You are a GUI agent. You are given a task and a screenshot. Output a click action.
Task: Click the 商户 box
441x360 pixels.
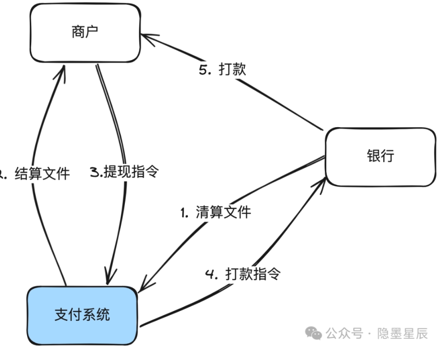click(x=85, y=33)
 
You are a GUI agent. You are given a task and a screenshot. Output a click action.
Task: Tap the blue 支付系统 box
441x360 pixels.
click(x=82, y=315)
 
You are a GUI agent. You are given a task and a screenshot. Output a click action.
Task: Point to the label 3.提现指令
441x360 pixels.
click(x=124, y=172)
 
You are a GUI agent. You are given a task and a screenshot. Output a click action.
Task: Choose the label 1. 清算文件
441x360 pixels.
click(x=215, y=212)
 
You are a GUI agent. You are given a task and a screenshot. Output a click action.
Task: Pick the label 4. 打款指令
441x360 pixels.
click(x=242, y=274)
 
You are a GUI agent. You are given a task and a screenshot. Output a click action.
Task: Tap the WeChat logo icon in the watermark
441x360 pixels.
click(x=313, y=333)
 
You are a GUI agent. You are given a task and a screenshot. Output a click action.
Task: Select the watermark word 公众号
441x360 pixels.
click(x=344, y=333)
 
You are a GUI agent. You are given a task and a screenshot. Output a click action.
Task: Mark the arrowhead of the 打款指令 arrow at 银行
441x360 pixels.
click(x=323, y=179)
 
